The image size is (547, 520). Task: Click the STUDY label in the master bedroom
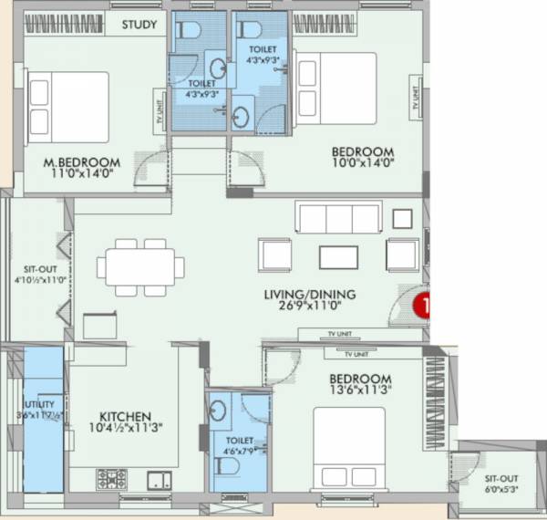(139, 24)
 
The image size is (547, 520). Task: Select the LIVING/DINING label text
(309, 295)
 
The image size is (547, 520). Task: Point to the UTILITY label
(39, 404)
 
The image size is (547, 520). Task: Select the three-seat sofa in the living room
(337, 218)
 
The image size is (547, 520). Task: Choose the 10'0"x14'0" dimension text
(362, 164)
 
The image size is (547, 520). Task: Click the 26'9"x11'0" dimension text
(309, 307)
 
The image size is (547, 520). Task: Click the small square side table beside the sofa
(402, 218)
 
